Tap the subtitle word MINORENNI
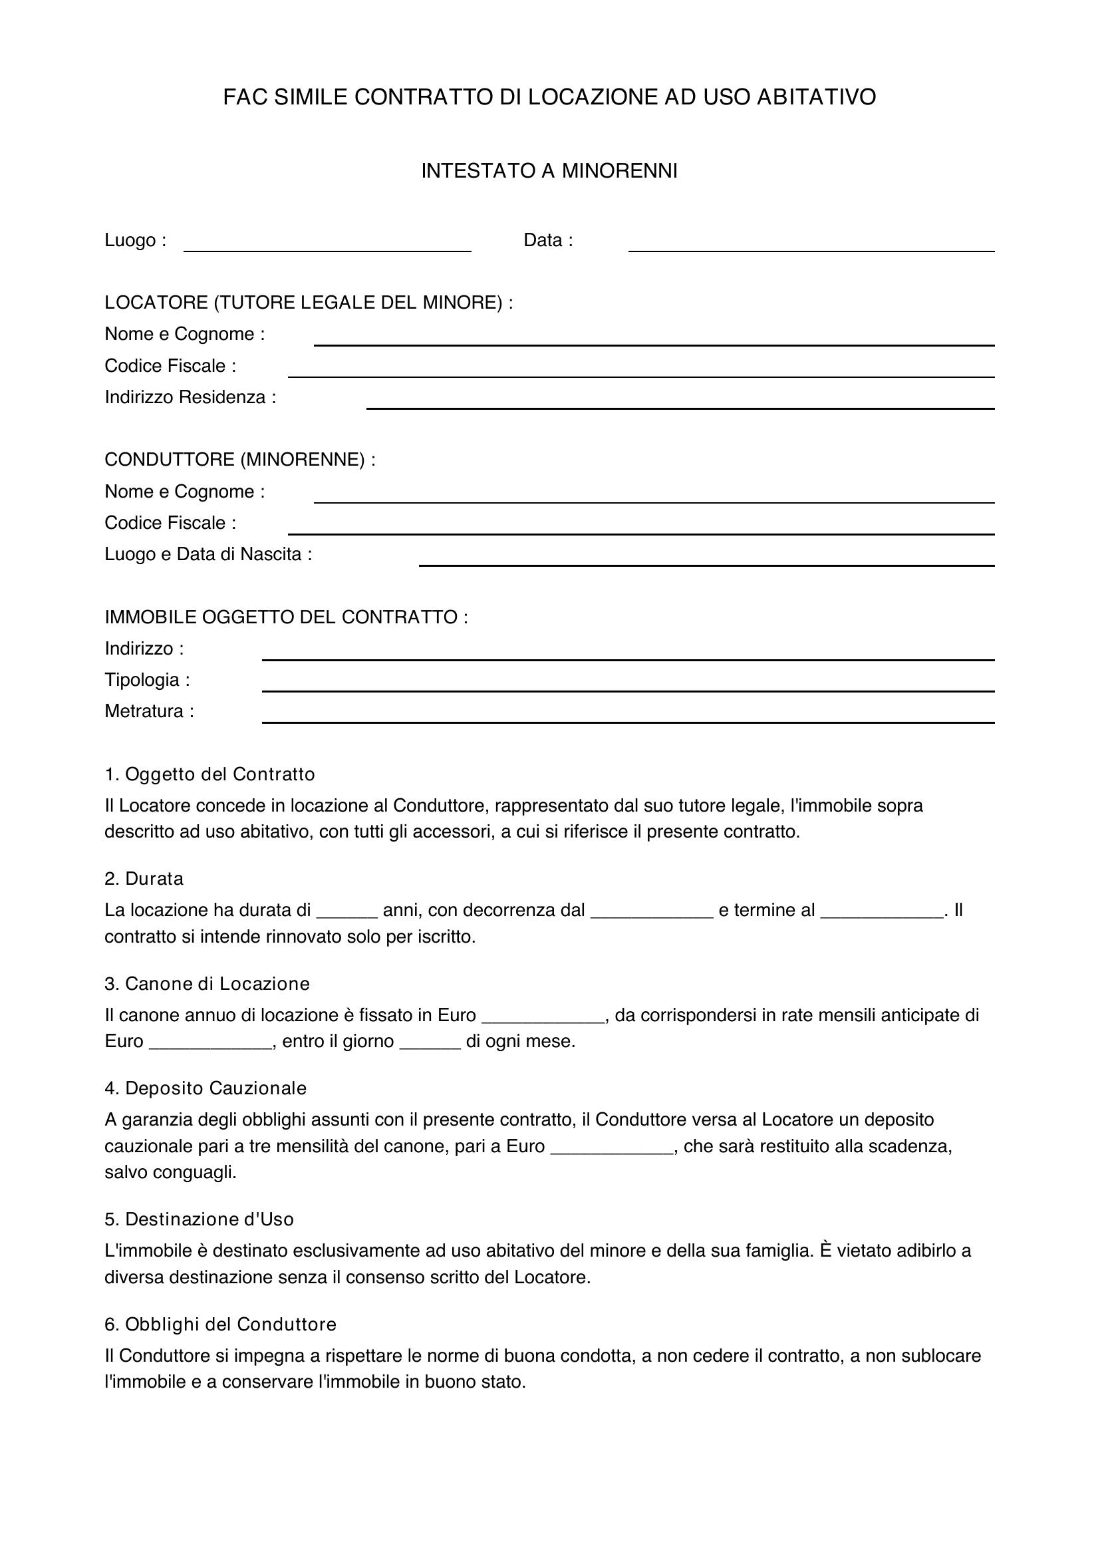click(x=619, y=171)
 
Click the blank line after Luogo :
click(x=327, y=244)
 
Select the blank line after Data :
click(x=811, y=244)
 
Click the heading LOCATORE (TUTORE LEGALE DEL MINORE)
click(x=308, y=302)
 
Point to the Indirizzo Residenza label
click(x=190, y=397)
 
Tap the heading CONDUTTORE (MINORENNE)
click(x=240, y=460)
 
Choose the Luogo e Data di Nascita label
click(x=208, y=554)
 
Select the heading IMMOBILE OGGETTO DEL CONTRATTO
click(x=286, y=617)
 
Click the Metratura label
click(x=149, y=712)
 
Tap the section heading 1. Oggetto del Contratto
click(x=210, y=774)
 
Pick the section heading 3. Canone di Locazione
click(x=207, y=984)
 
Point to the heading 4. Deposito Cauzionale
click(x=206, y=1088)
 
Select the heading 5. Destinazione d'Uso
click(x=199, y=1220)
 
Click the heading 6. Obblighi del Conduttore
click(x=221, y=1324)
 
